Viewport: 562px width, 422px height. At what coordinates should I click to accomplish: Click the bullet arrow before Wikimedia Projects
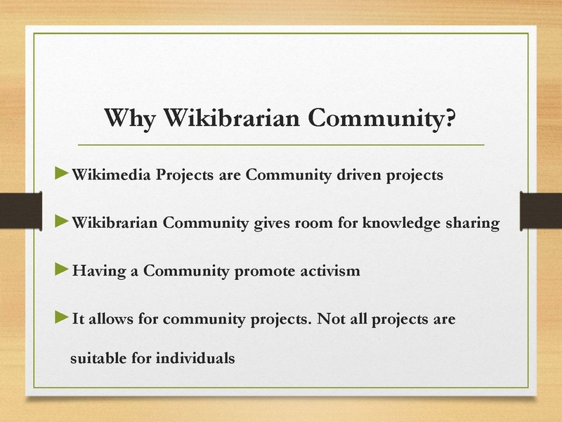62,172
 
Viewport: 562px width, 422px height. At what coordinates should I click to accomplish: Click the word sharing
473,224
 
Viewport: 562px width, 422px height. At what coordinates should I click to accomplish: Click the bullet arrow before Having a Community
62,268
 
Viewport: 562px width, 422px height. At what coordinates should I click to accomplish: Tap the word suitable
98,358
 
